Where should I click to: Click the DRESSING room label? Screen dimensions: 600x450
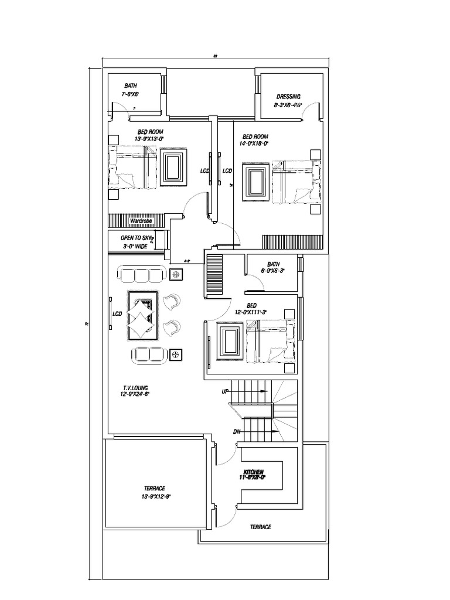pyautogui.click(x=288, y=97)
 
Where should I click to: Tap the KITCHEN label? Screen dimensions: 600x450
pyautogui.click(x=253, y=471)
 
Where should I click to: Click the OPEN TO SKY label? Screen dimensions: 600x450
pyautogui.click(x=136, y=238)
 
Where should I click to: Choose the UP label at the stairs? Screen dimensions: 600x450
pyautogui.click(x=225, y=391)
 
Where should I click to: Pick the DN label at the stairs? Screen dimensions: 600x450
pyautogui.click(x=237, y=432)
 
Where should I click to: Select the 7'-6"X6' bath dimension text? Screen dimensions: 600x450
pyautogui.click(x=130, y=94)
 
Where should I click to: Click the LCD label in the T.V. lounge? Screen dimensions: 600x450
pyautogui.click(x=117, y=314)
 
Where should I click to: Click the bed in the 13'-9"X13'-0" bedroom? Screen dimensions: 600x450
pyautogui.click(x=134, y=168)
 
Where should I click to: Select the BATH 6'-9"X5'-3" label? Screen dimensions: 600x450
pyautogui.click(x=273, y=267)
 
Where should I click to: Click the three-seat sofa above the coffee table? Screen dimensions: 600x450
pyautogui.click(x=141, y=274)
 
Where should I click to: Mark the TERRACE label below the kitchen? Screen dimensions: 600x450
pyautogui.click(x=260, y=527)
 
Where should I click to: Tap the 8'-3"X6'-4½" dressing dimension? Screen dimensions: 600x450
pyautogui.click(x=288, y=105)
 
